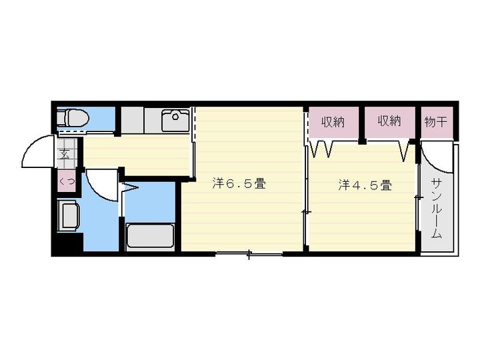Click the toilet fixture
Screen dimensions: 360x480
pos(72,119)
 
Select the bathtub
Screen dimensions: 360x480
pos(151,236)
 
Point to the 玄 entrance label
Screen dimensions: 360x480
pos(65,155)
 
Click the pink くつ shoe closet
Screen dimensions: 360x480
pos(66,181)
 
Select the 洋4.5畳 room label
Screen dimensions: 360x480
pos(364,185)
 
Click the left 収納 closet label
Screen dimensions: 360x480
pos(333,121)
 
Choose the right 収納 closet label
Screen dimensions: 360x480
pos(389,121)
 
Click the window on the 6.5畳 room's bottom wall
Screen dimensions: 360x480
pos(249,254)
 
